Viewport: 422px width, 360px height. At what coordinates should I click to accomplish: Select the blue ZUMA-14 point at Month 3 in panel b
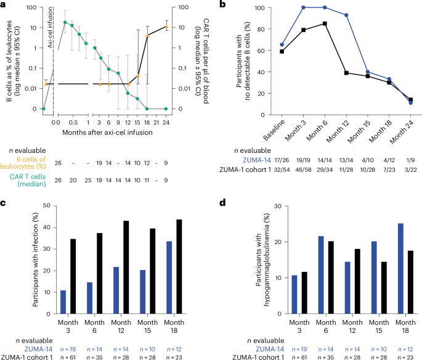[303, 8]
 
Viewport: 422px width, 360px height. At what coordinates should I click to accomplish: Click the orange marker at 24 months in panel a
[166, 27]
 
